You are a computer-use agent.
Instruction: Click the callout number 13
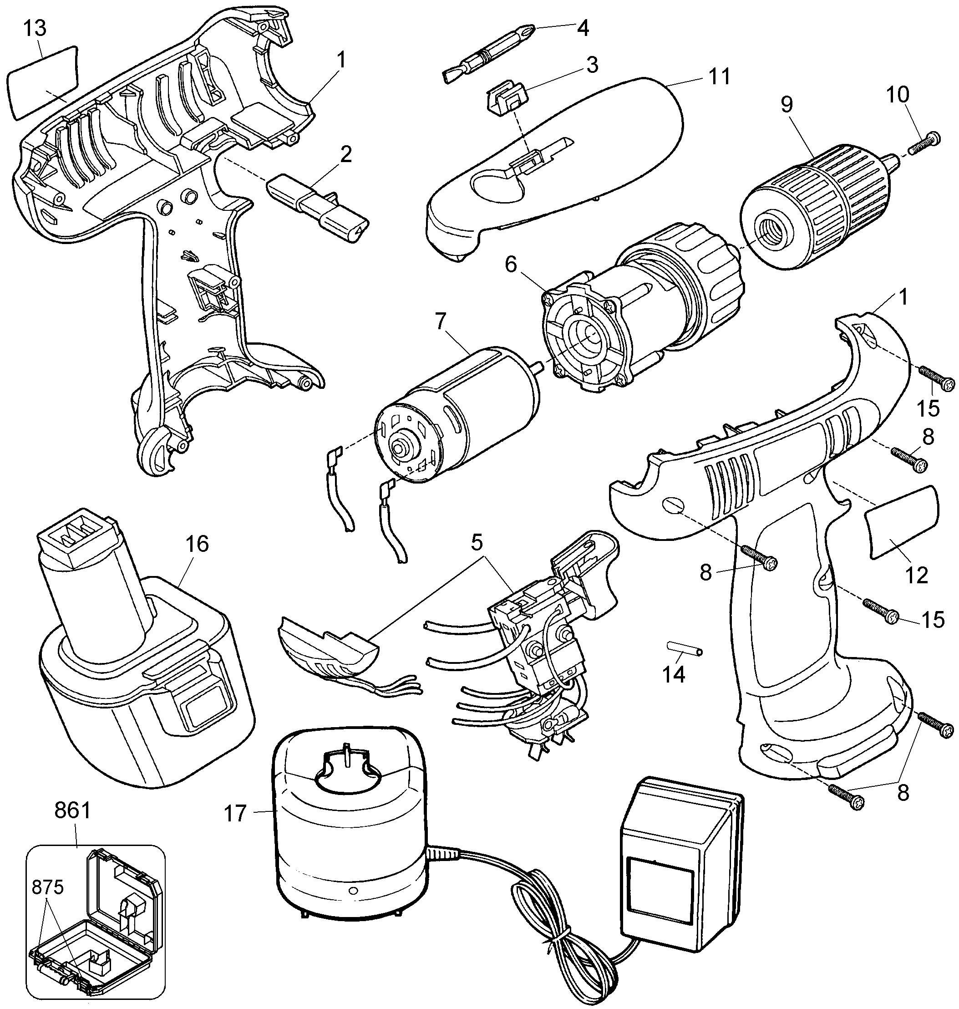[34, 29]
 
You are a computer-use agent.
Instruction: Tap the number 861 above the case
[72, 811]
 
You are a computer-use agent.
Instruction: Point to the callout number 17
[236, 814]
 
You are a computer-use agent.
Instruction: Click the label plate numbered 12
[902, 521]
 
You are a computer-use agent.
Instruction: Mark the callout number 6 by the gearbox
[511, 265]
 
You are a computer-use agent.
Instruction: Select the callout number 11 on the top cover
[719, 76]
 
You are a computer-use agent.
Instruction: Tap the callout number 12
[916, 576]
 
